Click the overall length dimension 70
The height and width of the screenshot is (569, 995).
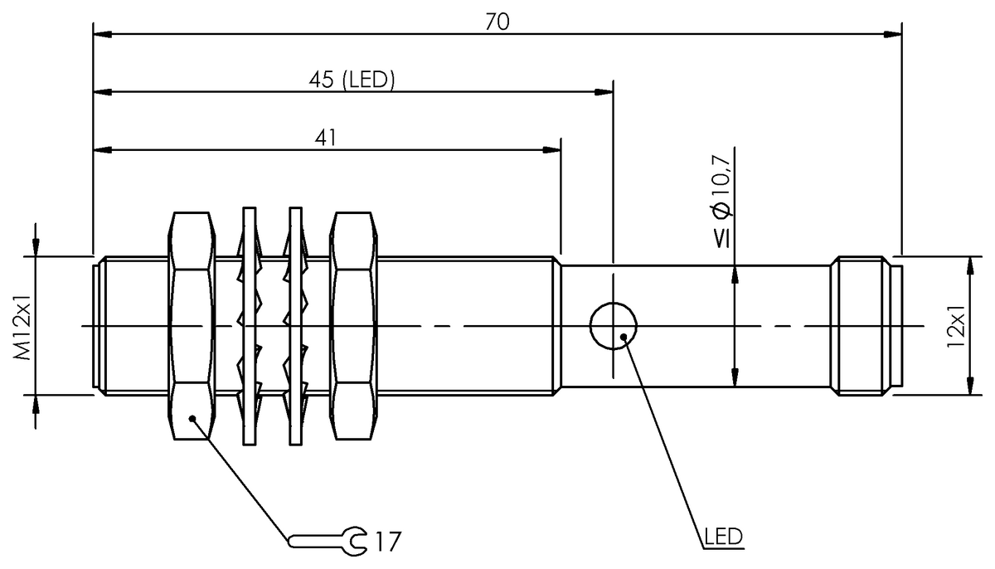click(x=497, y=22)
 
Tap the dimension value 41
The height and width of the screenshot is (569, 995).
click(x=326, y=139)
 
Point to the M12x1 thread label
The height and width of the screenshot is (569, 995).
click(x=24, y=325)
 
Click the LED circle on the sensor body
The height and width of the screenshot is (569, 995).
click(x=614, y=326)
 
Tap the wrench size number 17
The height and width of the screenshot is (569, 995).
click(x=386, y=542)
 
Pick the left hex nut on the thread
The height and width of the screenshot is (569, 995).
click(x=192, y=325)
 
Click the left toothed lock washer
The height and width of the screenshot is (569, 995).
click(x=247, y=325)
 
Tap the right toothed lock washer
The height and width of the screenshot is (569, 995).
click(x=293, y=325)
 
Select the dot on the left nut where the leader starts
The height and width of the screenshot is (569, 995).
click(x=192, y=419)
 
